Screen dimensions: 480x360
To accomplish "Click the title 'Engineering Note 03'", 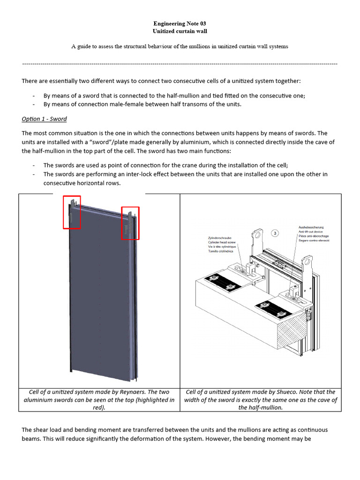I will point(180,23).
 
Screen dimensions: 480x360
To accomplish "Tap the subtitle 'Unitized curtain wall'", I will point(180,31).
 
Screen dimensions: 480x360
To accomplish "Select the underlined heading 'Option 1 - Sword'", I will point(44,119).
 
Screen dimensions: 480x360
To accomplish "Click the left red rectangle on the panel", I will point(72,212).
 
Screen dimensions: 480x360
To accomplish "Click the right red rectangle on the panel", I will point(130,223).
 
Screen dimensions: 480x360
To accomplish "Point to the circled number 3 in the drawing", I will point(276,232).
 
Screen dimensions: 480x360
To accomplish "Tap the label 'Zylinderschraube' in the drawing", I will point(221,238).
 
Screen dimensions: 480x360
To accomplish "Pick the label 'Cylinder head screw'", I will point(223,242).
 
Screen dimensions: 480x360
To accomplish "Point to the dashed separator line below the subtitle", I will point(180,63).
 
